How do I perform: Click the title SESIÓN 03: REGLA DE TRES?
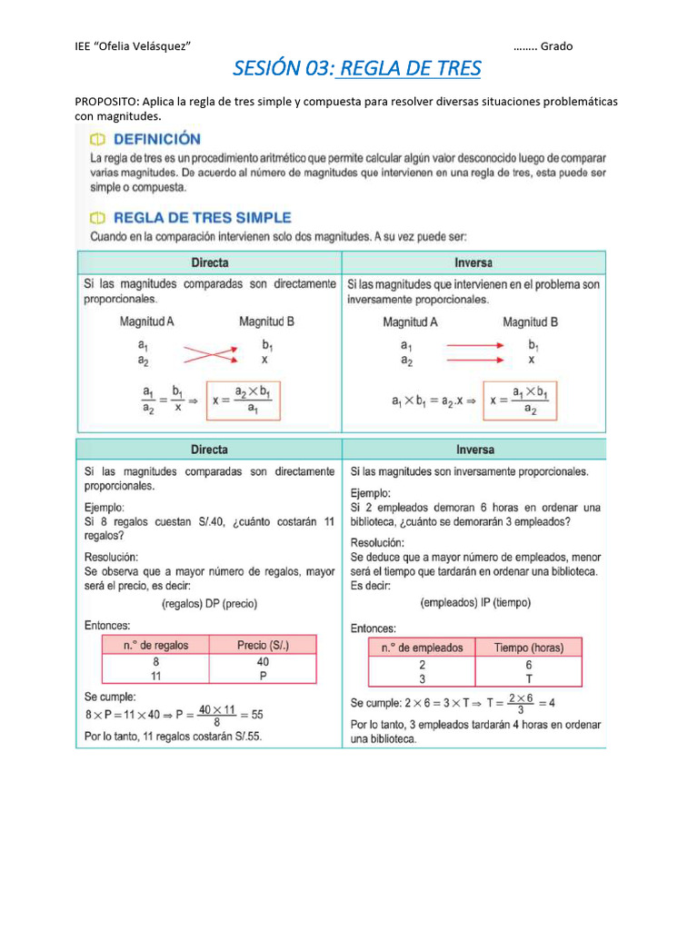coord(357,68)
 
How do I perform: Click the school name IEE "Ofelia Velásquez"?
coord(132,46)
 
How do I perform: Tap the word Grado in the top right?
coord(556,46)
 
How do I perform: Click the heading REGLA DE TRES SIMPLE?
coord(201,218)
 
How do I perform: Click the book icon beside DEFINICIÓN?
coord(96,140)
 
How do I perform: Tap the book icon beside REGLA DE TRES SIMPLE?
coord(96,218)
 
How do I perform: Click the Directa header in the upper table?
coord(209,262)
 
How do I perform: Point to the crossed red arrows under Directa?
coord(209,352)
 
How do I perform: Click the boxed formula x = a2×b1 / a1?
coord(244,400)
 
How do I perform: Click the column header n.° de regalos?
coord(156,645)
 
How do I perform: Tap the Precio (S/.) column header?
coord(263,645)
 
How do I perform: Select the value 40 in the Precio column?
coord(263,662)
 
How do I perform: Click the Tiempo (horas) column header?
coord(528,648)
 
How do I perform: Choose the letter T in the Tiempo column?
coord(528,678)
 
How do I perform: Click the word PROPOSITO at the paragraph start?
coord(105,101)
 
